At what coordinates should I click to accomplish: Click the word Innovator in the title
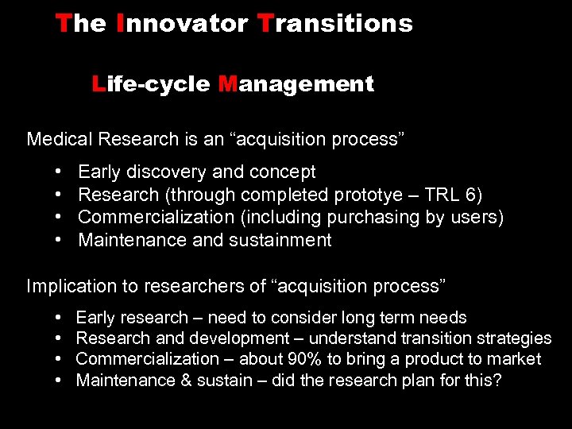pos(182,24)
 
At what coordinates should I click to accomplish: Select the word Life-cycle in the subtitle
pos(152,84)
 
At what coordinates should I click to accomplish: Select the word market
pos(515,360)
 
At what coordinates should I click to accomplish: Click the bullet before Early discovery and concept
pos(60,172)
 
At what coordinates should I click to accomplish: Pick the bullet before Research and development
pos(60,339)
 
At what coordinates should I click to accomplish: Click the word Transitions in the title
pos(335,24)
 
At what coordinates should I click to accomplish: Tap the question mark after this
pos(497,381)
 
